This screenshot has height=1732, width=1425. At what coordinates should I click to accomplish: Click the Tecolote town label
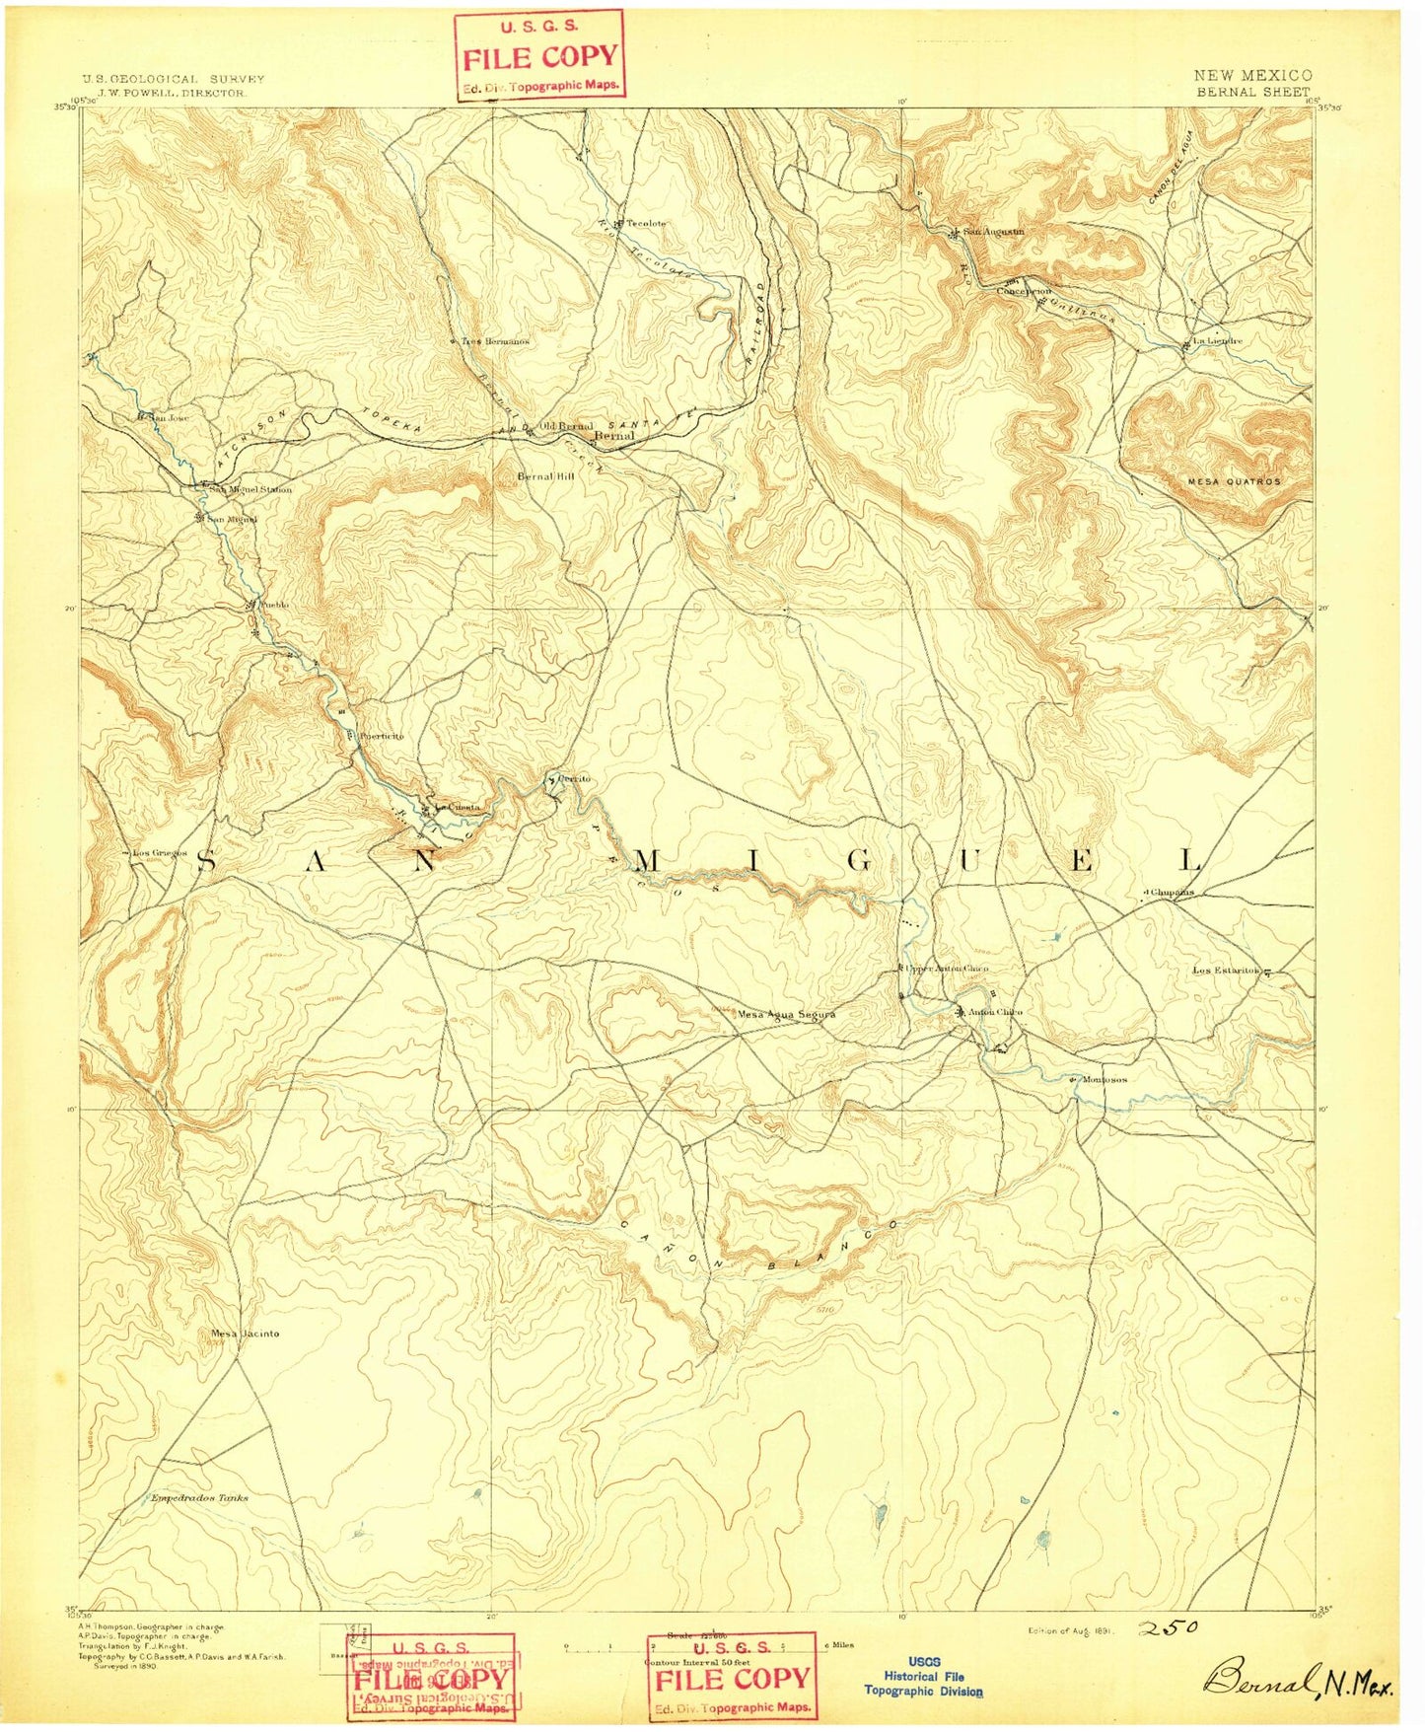646,224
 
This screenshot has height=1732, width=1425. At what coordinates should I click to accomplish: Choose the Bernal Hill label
545,475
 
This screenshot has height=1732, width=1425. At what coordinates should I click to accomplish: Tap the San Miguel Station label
252,489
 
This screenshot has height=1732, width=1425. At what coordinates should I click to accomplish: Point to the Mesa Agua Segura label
786,1014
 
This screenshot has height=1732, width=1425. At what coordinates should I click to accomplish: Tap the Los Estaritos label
1227,971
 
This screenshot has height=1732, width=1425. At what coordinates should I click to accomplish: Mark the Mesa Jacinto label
246,1334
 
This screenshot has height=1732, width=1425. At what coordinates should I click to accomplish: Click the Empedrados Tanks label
199,1497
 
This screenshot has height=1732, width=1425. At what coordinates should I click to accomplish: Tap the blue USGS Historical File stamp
923,1676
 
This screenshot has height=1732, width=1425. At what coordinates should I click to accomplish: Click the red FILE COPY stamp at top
540,55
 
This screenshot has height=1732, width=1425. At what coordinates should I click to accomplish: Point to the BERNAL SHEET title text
1252,92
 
